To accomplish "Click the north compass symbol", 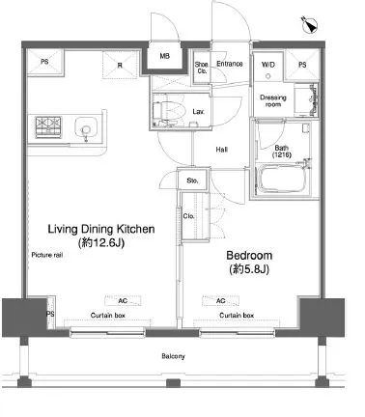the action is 310,25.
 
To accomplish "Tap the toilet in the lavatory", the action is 168,111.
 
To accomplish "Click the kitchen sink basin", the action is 86,126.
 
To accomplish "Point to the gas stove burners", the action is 48,125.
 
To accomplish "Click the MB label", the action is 164,56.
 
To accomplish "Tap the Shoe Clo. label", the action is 202,68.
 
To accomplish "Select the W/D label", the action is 268,65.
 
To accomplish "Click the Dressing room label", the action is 273,100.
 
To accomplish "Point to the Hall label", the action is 222,150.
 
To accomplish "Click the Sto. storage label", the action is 192,181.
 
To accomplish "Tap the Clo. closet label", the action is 188,216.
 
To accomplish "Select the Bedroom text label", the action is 249,256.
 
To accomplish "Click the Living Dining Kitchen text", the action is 101,229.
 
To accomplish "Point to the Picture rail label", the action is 47,255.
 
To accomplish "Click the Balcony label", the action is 173,356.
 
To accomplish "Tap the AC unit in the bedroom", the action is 221,301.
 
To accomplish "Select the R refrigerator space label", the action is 120,66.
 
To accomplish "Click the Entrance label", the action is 230,64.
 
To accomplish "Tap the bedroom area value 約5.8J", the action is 249,269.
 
